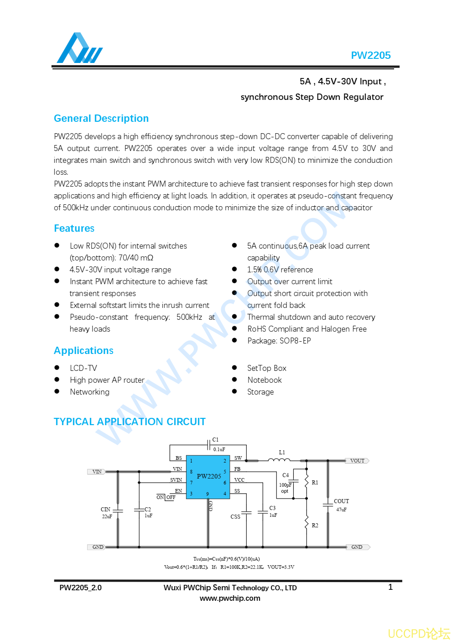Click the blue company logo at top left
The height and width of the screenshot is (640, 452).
pos(79,48)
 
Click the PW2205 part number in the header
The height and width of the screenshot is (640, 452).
pos(370,56)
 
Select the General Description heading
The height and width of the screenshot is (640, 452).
pos(101,119)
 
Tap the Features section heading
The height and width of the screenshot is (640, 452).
pos(74,229)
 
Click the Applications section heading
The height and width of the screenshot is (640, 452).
pos(83,351)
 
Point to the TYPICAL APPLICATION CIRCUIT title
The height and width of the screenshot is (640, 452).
pos(130,422)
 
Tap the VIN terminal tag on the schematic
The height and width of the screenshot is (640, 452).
pos(97,472)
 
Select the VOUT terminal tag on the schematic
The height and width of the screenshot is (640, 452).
pos(357,461)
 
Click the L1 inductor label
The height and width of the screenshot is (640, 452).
pos(282,453)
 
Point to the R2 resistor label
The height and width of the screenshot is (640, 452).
pos(315,526)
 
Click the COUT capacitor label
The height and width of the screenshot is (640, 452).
pos(341,501)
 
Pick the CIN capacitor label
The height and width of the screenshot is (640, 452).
pos(105,510)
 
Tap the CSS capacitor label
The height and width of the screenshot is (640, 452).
pos(235,517)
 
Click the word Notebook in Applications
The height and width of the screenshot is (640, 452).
pos(265,380)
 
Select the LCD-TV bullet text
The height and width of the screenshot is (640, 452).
pos(83,369)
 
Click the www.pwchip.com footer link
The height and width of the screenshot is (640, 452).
pos(230,598)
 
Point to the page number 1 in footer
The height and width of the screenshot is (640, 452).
pos(390,587)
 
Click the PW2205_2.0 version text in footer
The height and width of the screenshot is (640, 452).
pos(80,588)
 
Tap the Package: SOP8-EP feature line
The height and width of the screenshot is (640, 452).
pos(279,341)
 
